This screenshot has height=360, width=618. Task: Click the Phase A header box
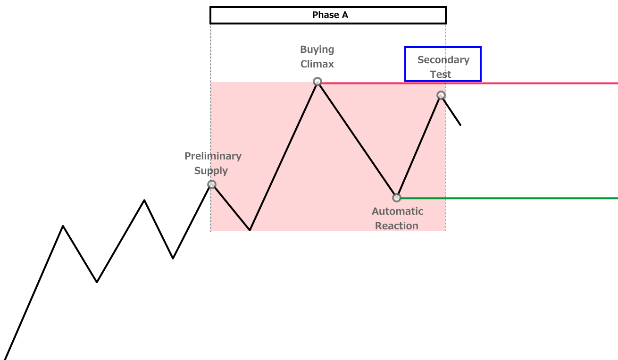[x=328, y=15]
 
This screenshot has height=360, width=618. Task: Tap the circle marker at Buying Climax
[x=317, y=82]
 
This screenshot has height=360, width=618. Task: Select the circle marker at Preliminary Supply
[x=212, y=184]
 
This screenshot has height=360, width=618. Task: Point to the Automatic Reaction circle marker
[x=397, y=198]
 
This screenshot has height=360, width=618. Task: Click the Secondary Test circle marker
[x=441, y=95]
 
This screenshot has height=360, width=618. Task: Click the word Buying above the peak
[x=317, y=50]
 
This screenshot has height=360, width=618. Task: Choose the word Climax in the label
[x=317, y=64]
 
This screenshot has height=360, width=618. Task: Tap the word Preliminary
[x=213, y=156]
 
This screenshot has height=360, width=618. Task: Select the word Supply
[x=211, y=171]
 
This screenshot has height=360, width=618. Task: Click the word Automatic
[x=397, y=211]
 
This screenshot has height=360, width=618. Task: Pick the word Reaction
[x=397, y=226]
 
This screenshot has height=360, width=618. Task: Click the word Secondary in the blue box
[x=443, y=60]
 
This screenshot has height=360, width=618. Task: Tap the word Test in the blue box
[x=441, y=75]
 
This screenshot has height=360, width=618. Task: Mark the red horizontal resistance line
[x=543, y=83]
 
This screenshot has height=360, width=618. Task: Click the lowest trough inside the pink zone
[x=250, y=230]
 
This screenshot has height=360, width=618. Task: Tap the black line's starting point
[x=5, y=359]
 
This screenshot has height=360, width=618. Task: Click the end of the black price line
[x=460, y=125]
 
